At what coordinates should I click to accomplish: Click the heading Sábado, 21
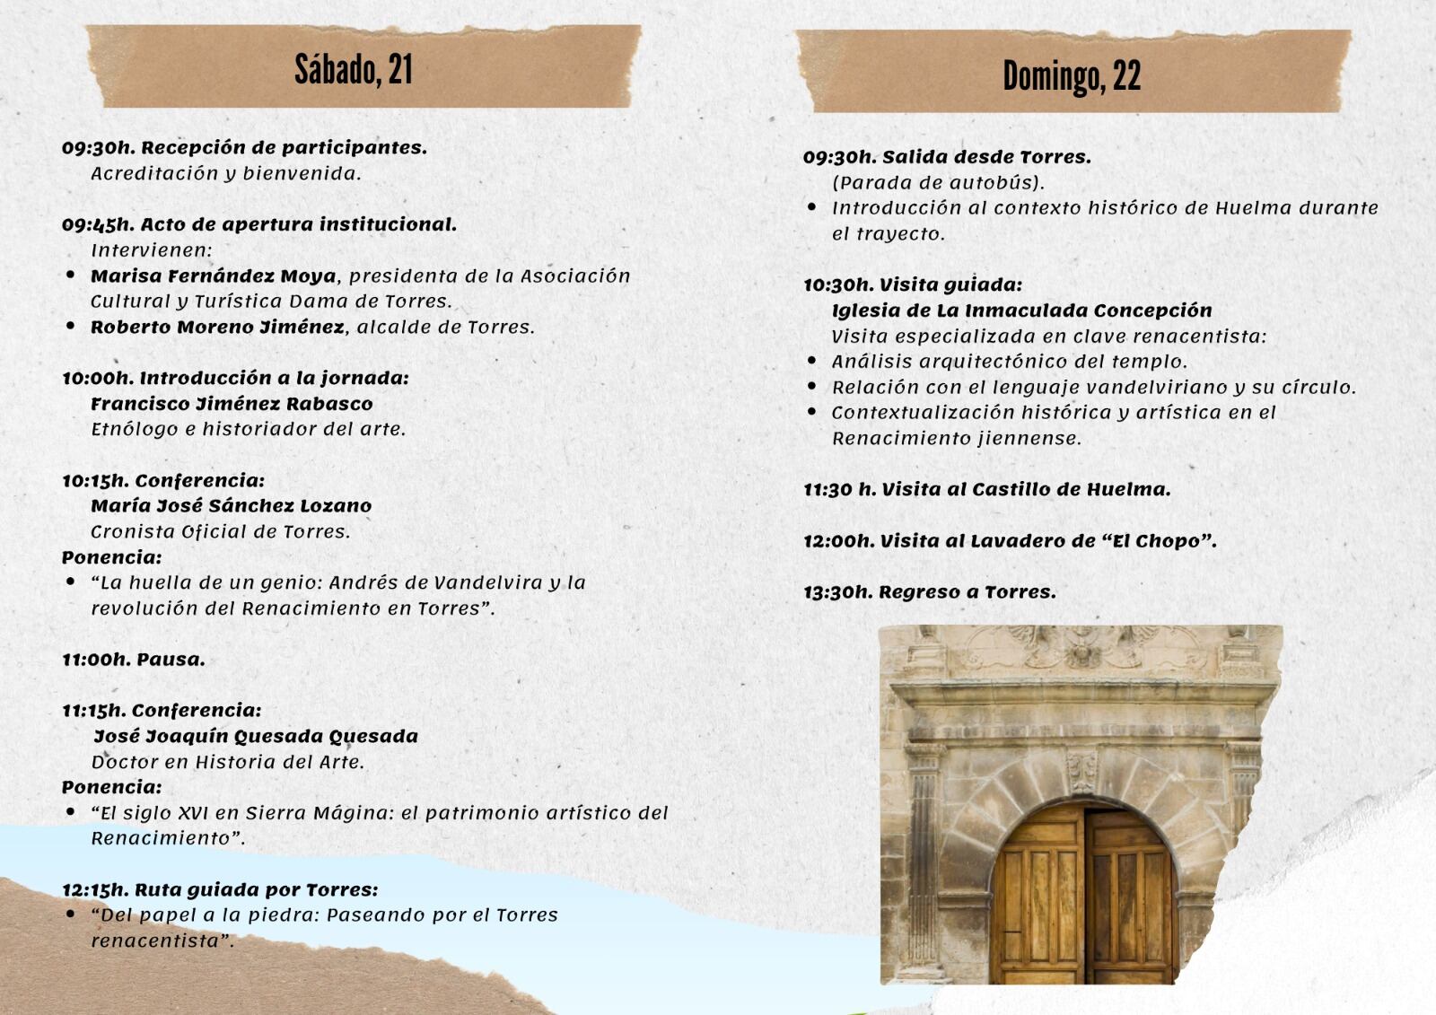pos(354,69)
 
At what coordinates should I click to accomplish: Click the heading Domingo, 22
pos(1072,76)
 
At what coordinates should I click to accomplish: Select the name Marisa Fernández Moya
pos(213,276)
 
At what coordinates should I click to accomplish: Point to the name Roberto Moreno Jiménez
pos(217,328)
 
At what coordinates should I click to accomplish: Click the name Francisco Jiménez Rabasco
pos(232,404)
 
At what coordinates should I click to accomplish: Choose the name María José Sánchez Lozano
pos(231,506)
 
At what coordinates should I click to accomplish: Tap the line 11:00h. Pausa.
pos(134,660)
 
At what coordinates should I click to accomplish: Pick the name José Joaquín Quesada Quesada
pos(256,737)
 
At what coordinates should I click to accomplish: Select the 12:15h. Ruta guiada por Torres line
pos(220,890)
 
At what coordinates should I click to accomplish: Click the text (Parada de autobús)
pos(938,183)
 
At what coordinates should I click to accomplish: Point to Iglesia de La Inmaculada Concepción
pos(1021,311)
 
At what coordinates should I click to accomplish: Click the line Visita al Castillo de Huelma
pos(1026,490)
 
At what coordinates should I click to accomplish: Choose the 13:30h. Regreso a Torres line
pos(930,592)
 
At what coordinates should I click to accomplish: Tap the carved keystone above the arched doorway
pos(1082,771)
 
